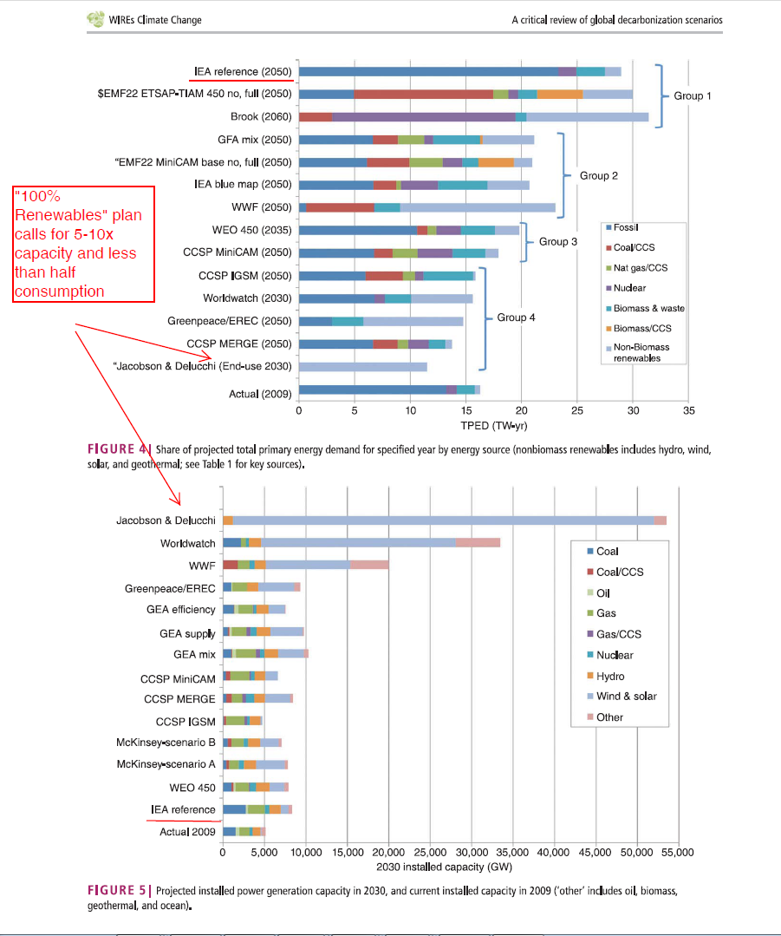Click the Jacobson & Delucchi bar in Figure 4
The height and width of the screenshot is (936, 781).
(x=362, y=367)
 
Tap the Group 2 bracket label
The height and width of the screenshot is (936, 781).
(x=599, y=175)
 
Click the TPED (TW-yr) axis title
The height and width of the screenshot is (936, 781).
(x=493, y=425)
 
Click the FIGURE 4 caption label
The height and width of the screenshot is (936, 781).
(x=118, y=448)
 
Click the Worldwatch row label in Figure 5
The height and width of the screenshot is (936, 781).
(x=187, y=543)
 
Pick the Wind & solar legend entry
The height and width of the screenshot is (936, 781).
(x=626, y=696)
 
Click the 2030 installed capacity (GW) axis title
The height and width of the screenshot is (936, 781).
(x=450, y=867)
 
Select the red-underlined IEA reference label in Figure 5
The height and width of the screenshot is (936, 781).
(x=181, y=809)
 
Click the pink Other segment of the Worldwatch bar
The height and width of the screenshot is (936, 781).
(x=478, y=543)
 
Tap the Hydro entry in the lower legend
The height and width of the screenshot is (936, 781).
(x=610, y=676)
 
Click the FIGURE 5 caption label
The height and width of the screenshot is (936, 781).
(x=118, y=891)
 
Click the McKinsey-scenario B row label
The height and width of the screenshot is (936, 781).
(x=166, y=743)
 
